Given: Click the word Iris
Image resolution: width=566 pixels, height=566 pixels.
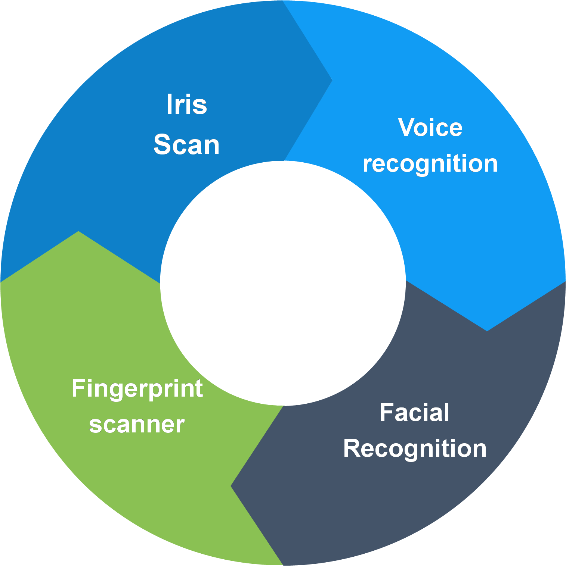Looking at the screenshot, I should (186, 104).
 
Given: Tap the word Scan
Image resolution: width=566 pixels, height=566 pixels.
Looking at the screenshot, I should (186, 145).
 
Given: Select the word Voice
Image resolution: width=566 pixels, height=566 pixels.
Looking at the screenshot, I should (430, 128).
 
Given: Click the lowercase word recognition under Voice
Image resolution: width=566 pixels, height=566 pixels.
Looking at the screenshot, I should (430, 164).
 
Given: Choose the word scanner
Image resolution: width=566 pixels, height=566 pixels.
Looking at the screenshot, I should (137, 425).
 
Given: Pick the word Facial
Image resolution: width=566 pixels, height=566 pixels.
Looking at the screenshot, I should (414, 413).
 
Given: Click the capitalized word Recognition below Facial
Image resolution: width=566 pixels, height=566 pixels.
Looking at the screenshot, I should (415, 448).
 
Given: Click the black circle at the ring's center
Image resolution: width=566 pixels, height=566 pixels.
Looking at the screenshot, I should (283, 283).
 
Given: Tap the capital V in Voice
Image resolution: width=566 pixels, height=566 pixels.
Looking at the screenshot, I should (406, 128).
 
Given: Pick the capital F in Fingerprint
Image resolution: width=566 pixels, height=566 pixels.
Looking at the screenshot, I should (77, 388).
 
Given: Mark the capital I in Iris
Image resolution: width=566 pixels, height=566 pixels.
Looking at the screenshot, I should (169, 104).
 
